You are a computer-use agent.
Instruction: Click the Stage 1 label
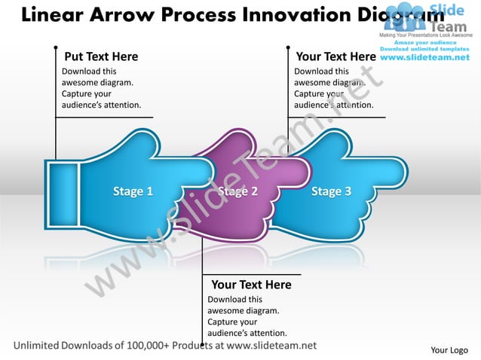133,191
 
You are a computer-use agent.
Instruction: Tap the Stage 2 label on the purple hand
238,191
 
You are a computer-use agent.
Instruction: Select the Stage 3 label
331,191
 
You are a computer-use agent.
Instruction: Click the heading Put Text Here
101,56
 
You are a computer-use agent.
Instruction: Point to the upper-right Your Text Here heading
336,56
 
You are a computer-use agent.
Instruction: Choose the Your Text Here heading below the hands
251,285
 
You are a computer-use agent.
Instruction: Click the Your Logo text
449,350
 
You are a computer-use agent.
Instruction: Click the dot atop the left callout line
56,47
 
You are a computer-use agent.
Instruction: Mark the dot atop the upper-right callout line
288,47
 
